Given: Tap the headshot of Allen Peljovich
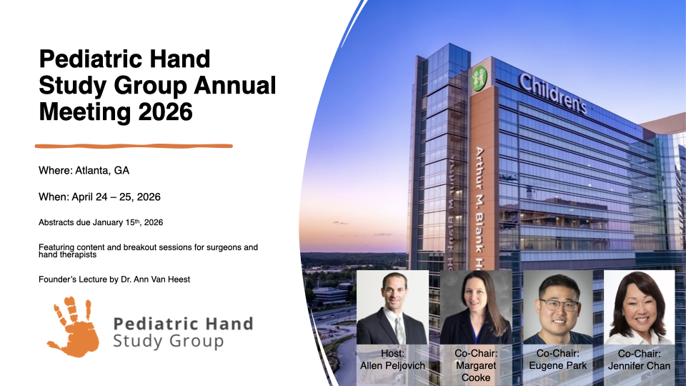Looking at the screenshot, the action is click(x=392, y=307).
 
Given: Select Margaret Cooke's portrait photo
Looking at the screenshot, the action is click(x=476, y=307).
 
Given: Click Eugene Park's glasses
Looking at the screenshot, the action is click(x=559, y=305).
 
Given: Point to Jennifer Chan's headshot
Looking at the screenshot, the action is click(x=639, y=307).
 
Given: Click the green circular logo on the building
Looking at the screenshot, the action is click(x=479, y=79).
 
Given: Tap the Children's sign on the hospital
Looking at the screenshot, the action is click(x=552, y=93).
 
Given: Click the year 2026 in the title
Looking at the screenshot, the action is click(x=165, y=112).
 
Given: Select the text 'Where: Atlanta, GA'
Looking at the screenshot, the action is click(x=84, y=170).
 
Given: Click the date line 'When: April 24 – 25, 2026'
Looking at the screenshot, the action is click(x=99, y=197).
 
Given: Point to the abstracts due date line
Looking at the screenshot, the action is click(x=101, y=222).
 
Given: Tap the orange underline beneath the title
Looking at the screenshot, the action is click(x=134, y=146).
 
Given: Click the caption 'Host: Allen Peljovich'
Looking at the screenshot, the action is click(x=392, y=360).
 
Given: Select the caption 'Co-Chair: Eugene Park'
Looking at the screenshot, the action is click(x=558, y=360).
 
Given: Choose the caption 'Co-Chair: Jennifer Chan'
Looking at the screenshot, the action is click(x=639, y=360).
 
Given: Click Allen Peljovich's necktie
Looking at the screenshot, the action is click(x=399, y=330).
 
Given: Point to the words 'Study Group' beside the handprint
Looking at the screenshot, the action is click(x=169, y=341).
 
